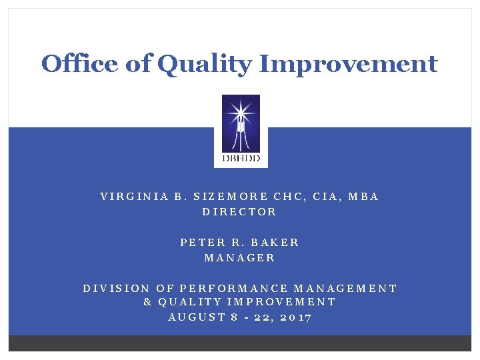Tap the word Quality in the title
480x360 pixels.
206,65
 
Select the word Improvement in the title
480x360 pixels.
348,65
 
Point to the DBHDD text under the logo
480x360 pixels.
240,160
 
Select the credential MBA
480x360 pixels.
363,197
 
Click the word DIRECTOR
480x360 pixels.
239,212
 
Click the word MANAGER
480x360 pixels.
239,257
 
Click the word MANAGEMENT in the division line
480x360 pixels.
345,289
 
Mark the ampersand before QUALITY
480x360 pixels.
148,302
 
